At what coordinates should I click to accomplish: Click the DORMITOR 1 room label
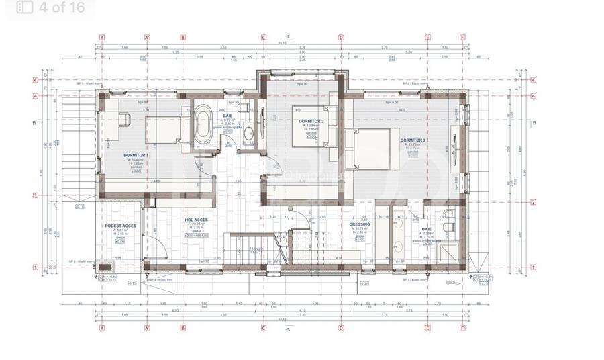136,156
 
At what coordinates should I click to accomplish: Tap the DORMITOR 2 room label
311,122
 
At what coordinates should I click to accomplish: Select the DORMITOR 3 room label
413,140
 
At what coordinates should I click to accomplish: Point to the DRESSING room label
360,225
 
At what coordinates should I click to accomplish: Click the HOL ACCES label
196,220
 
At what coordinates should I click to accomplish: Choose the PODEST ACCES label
121,226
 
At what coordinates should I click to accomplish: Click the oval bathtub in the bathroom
201,125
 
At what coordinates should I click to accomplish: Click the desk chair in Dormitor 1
124,119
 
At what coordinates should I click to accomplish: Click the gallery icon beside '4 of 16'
25,8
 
